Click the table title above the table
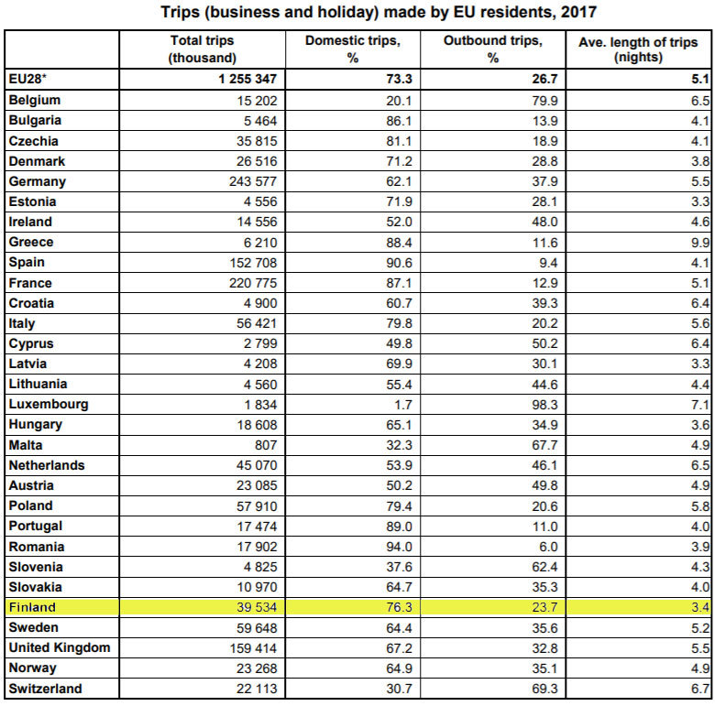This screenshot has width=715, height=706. point(357,13)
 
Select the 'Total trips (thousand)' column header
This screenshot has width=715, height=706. point(202,49)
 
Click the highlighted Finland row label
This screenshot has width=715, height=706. point(32,607)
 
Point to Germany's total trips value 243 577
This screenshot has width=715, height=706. point(247,181)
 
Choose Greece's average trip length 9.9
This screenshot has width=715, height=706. point(699,243)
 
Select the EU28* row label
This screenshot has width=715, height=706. point(27,79)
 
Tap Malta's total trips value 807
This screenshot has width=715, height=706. point(260,445)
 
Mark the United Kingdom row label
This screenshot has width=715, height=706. point(59,647)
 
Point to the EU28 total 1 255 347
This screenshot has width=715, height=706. point(241,79)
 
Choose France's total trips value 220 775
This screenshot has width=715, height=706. point(247,283)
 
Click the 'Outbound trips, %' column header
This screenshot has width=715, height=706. point(493,49)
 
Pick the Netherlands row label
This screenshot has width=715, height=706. point(47,465)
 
